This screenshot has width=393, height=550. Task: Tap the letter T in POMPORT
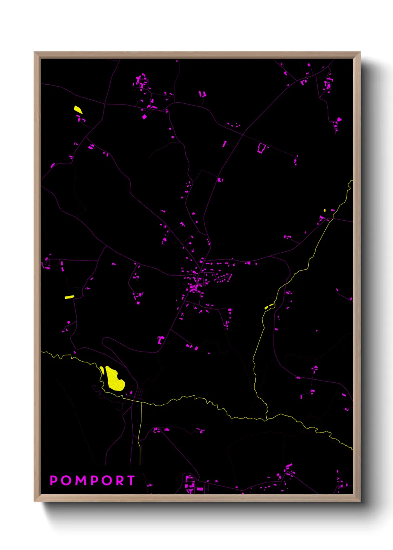[130, 481]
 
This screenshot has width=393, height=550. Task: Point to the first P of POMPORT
[53, 481]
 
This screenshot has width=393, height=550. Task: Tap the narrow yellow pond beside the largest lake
[102, 370]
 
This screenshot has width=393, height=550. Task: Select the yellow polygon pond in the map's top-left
[78, 110]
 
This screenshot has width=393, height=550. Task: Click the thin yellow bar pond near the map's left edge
[69, 297]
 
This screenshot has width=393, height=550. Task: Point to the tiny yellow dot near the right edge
[325, 211]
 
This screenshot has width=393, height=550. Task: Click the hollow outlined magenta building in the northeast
[262, 148]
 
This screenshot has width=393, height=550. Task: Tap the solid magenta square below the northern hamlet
[144, 117]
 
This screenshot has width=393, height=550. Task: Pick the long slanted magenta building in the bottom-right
[289, 466]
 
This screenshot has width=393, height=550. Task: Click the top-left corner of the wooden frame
[35, 52]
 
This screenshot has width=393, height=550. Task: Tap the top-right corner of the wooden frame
[360, 52]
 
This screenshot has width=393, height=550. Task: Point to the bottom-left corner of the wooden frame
[35, 501]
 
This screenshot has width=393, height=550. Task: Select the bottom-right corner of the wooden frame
[360, 501]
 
